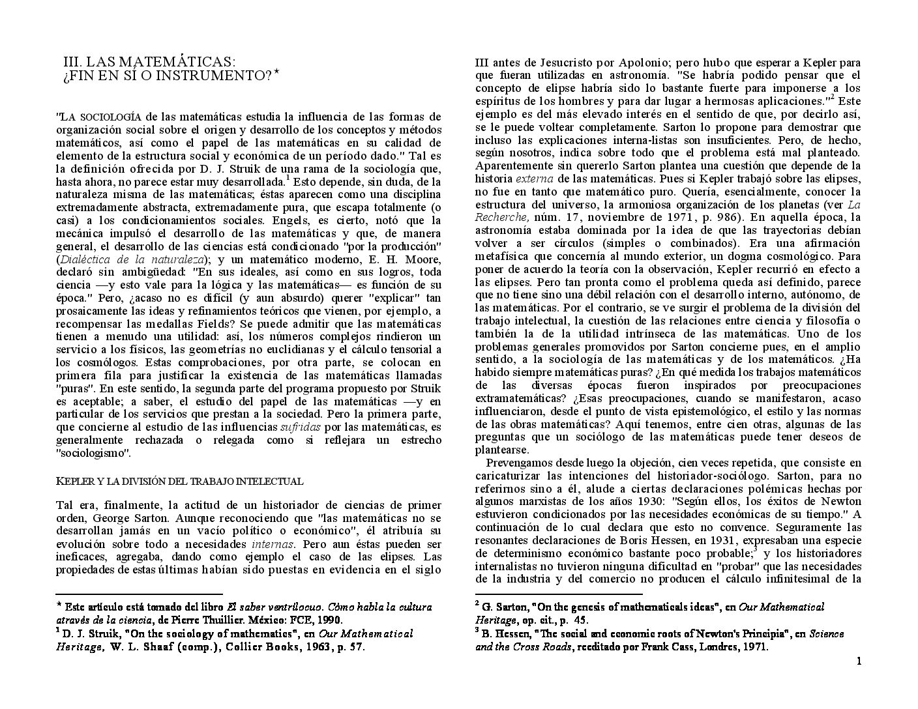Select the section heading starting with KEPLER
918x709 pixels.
[x=179, y=482]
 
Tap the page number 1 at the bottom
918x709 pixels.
[x=859, y=662]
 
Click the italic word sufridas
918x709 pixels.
[x=300, y=427]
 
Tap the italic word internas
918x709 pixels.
[x=273, y=543]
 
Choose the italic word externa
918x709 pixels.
[x=535, y=179]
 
